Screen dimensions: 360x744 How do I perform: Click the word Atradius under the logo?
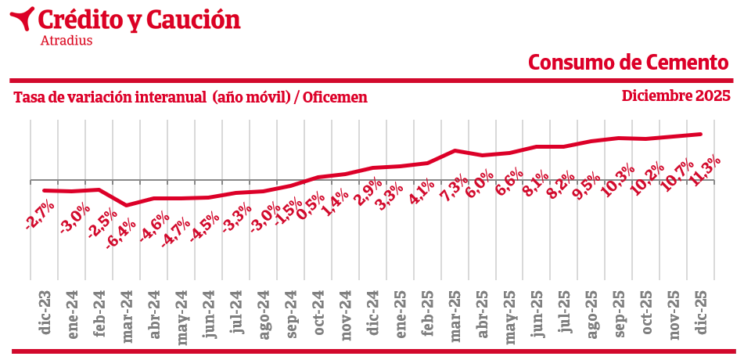tap(66, 40)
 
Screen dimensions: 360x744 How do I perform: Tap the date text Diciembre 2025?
tap(676, 96)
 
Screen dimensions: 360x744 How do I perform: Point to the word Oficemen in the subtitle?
tap(335, 97)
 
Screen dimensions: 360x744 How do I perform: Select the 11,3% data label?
tap(706, 171)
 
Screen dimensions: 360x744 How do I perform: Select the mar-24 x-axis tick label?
tap(128, 317)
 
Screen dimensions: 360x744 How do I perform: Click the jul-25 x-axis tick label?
tap(565, 313)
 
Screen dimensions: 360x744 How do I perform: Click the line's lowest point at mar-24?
tap(127, 206)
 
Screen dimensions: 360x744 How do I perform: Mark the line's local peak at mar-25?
tap(455, 150)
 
